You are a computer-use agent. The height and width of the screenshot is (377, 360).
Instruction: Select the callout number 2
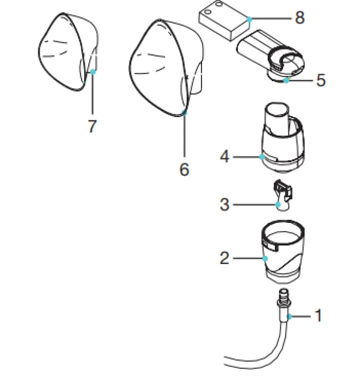(x=225, y=258)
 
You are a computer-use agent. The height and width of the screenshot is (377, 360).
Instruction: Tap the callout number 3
(x=225, y=204)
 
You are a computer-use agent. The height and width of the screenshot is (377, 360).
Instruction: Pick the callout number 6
(x=184, y=169)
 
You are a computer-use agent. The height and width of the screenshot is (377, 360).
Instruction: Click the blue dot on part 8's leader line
(x=249, y=18)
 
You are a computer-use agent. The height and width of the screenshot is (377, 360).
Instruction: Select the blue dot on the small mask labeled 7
(x=92, y=71)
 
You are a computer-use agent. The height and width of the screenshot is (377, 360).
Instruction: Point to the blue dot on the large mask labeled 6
(x=184, y=113)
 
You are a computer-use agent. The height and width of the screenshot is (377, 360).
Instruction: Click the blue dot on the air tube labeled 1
(x=289, y=317)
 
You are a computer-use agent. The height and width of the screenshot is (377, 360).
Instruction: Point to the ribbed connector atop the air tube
(x=284, y=298)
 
